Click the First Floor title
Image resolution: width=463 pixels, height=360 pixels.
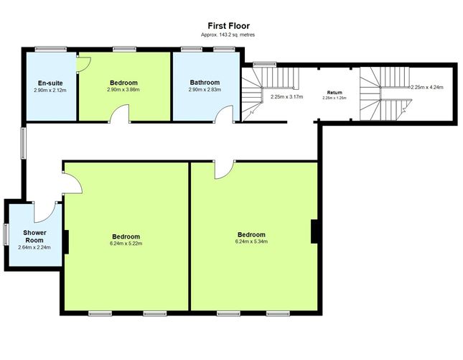228,26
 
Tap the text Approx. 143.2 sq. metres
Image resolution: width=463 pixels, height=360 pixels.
228,34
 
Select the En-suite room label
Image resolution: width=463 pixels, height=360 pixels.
50,83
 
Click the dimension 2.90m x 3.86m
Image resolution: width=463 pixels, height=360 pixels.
123,90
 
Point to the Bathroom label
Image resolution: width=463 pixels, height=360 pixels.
205,83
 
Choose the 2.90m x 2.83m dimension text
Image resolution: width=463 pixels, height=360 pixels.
205,90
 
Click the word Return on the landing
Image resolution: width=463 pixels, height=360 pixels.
335,93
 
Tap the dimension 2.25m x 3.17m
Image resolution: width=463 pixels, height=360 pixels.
286,97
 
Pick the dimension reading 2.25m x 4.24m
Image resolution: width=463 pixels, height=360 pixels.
427,87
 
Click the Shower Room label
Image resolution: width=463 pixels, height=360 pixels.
34,236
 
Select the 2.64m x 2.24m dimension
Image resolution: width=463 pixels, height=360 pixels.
34,247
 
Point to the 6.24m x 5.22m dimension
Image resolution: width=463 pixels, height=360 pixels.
126,244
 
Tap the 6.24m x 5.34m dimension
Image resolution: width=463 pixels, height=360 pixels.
251,241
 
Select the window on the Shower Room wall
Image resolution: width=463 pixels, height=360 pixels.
6,234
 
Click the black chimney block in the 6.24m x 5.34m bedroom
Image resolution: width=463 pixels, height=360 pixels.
314,231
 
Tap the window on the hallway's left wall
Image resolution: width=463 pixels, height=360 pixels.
23,143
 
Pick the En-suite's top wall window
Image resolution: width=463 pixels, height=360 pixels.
51,49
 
